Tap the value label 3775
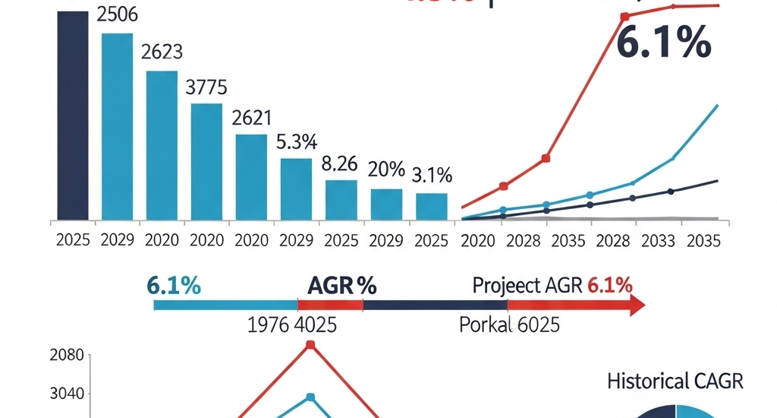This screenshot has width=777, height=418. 206,87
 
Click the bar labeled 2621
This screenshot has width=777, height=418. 251,176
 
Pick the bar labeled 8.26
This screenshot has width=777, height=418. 341,200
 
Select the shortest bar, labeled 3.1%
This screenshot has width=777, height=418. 431,206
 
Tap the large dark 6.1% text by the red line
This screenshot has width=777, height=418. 662,44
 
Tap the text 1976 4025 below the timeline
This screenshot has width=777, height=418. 293,325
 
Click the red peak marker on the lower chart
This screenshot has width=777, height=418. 310,346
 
